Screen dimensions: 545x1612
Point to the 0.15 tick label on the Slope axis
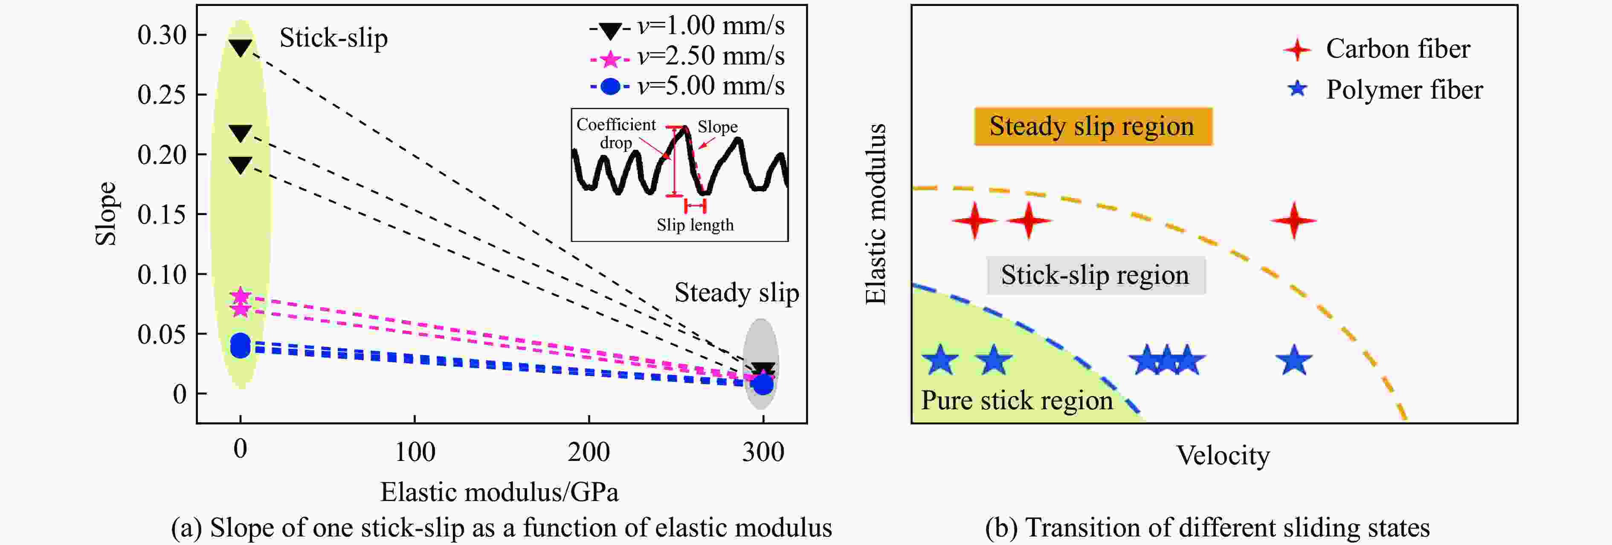click(x=162, y=215)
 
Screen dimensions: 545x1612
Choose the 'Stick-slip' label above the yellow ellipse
click(x=333, y=38)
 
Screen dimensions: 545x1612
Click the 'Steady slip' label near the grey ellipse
click(x=736, y=292)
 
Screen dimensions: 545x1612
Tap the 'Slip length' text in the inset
click(x=695, y=225)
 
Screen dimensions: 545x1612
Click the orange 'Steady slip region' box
click(x=1093, y=126)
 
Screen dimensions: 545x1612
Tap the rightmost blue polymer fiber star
click(x=1293, y=361)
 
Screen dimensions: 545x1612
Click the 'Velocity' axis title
click(x=1223, y=455)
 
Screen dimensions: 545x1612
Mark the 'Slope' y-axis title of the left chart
click(x=106, y=214)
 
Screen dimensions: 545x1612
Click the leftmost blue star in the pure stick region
click(x=940, y=361)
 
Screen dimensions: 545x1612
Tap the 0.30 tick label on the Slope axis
click(x=162, y=36)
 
